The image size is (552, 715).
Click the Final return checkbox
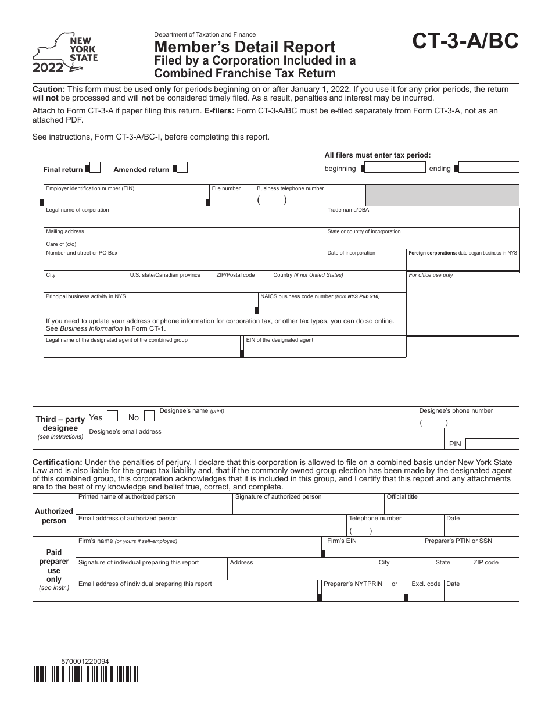[95, 168]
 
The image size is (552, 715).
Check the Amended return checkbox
[181, 168]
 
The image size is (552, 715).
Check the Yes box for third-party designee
[113, 417]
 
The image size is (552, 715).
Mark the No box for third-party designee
[149, 417]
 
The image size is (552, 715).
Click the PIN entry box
[492, 444]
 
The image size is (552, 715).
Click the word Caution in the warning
[49, 90]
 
